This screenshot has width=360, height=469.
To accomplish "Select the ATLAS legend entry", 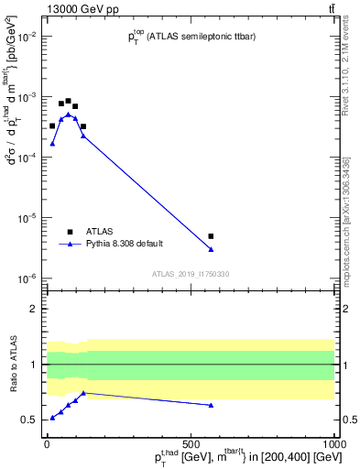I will [x=97, y=232].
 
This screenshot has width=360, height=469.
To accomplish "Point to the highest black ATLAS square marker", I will [x=68, y=101].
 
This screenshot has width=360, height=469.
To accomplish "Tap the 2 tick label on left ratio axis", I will [x=34, y=309].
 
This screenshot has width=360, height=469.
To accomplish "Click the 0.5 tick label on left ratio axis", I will [x=29, y=420].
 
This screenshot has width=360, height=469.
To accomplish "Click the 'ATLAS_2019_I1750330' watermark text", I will [x=191, y=274].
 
